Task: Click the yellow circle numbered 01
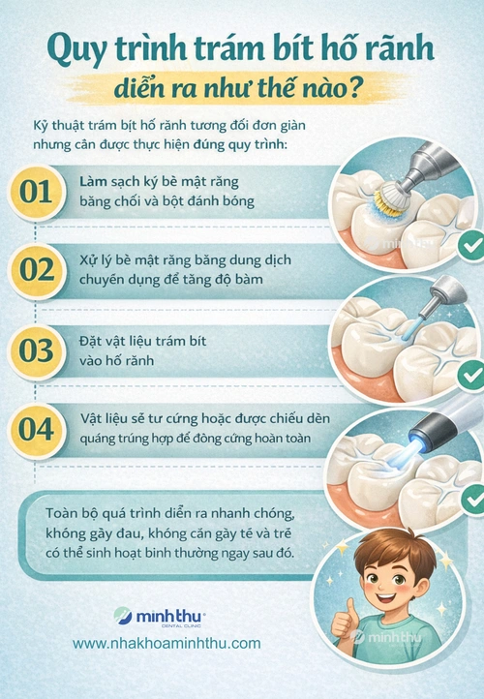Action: click(36, 193)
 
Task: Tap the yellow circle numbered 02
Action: click(36, 270)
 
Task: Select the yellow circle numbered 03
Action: click(36, 350)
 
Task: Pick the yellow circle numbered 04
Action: click(36, 430)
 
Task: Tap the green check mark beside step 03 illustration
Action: click(471, 376)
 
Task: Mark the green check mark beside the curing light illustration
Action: click(473, 500)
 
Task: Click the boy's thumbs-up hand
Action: click(344, 624)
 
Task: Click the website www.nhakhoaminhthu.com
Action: click(166, 643)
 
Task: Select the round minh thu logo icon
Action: click(123, 616)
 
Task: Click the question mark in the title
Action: click(354, 89)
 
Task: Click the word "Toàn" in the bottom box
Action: click(61, 513)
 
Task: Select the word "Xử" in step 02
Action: click(88, 259)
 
